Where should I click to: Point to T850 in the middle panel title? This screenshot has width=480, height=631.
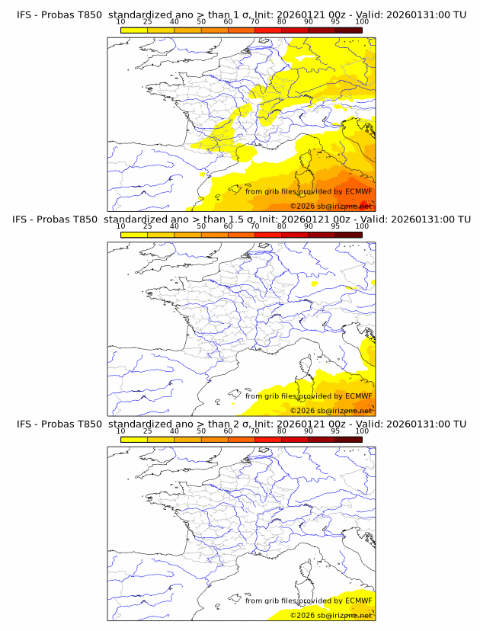(x=85, y=219)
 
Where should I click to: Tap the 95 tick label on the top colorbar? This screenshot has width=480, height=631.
(x=334, y=21)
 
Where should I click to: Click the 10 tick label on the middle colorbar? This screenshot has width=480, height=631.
(x=120, y=226)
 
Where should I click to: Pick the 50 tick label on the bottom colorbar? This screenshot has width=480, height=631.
(x=201, y=431)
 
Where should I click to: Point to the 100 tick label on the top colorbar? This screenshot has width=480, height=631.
(x=361, y=21)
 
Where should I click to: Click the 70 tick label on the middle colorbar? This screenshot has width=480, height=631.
(x=254, y=226)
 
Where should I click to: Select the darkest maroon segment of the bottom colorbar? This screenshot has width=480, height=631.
(x=348, y=438)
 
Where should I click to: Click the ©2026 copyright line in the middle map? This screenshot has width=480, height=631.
(x=331, y=411)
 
